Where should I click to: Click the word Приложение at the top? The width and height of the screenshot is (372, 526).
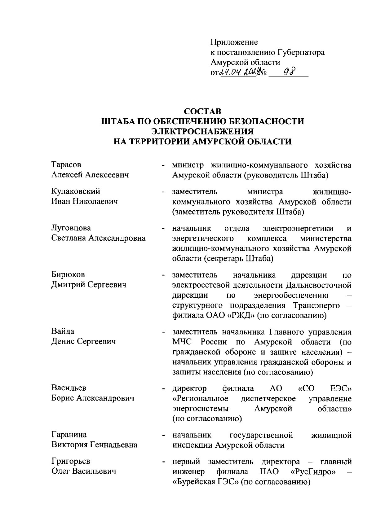pos(234,42)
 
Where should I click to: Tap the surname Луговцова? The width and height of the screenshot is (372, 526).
pos(71,228)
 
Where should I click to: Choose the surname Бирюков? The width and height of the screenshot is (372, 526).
pos(68,275)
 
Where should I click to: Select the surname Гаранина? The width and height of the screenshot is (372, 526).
pos(69,435)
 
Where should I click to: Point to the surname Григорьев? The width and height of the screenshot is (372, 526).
pos(71,462)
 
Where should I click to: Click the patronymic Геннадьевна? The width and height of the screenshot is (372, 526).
pos(114,445)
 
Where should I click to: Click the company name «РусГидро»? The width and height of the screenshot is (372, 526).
pos(314,472)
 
